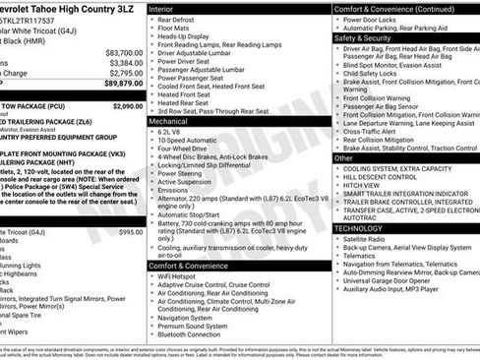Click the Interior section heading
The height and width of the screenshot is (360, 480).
click(x=160, y=8)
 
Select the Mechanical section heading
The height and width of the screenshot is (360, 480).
click(x=169, y=120)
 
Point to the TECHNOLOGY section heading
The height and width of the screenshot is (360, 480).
click(x=359, y=228)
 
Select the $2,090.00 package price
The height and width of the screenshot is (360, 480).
click(x=127, y=104)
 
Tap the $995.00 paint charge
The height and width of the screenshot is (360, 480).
click(x=130, y=232)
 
